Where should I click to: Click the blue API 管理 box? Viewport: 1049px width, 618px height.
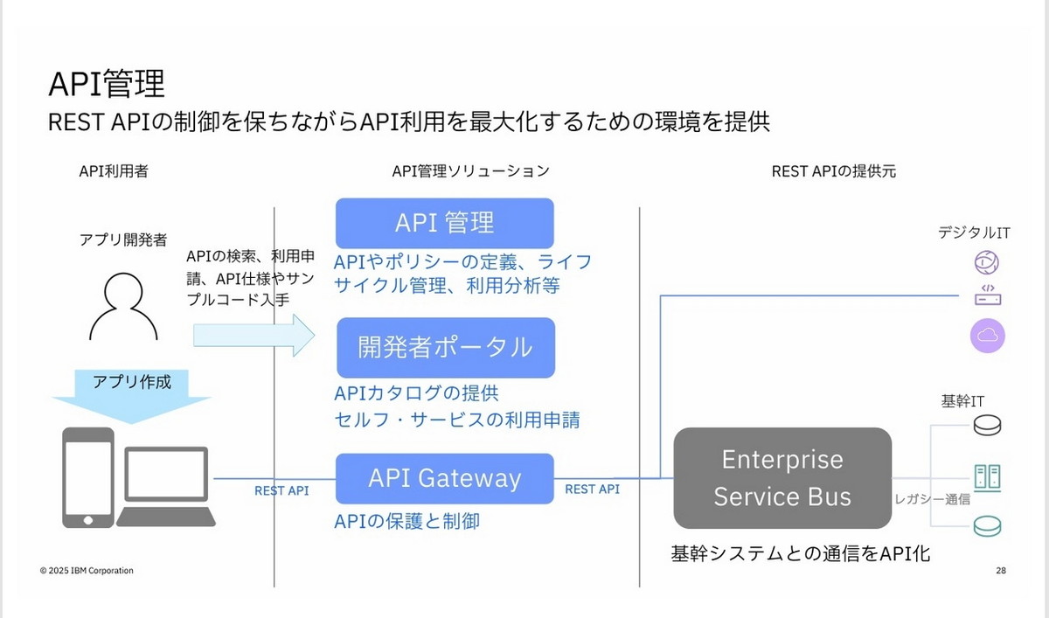(445, 223)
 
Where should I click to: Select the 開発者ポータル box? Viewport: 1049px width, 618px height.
(446, 347)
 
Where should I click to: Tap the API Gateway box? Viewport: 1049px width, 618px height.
(445, 478)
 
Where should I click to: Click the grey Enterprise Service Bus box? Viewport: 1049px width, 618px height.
(782, 478)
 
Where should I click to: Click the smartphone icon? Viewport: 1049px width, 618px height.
(87, 477)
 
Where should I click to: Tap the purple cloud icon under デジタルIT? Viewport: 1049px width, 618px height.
(988, 335)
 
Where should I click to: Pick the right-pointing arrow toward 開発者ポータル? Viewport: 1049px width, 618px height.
(254, 335)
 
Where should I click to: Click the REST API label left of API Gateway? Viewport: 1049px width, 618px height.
(281, 491)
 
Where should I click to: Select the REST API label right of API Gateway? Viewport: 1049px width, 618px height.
(593, 490)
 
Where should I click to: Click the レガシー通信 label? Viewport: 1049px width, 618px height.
(932, 500)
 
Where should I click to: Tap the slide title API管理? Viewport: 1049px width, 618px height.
(106, 84)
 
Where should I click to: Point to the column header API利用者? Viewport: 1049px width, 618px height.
(114, 171)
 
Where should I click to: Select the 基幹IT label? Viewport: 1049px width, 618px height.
(962, 401)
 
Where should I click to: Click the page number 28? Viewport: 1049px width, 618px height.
(1001, 571)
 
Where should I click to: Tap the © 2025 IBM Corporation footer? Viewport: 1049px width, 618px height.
(87, 571)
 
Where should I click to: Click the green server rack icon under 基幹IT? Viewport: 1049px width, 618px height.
(987, 477)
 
